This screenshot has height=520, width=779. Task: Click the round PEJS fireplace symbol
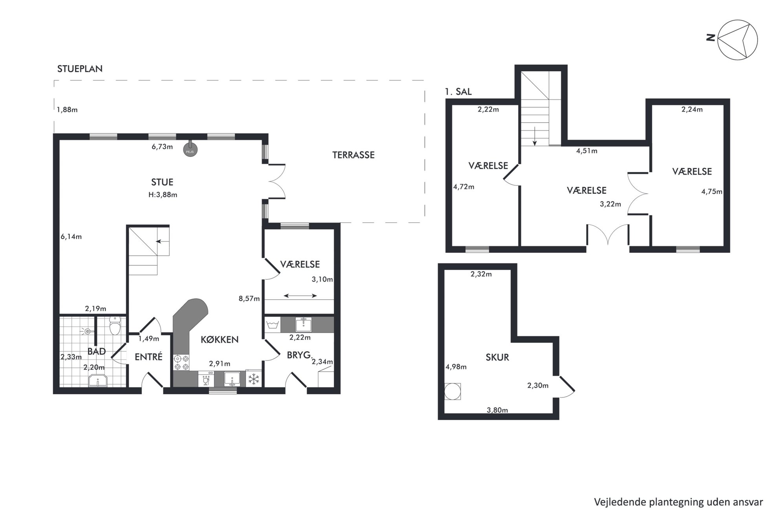pos(190,150)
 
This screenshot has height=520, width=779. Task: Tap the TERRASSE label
pos(353,155)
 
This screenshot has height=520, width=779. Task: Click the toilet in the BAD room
pos(115,326)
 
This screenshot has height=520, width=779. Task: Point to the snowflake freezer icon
pos(254,379)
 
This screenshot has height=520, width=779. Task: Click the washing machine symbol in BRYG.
pos(272,325)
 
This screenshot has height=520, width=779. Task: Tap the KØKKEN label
pos(219,340)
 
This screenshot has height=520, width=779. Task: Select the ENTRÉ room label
pos(148,357)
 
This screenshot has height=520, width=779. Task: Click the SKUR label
pos(497,357)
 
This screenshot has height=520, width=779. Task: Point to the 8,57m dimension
pos(249,299)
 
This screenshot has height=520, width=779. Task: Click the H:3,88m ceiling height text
pos(163,195)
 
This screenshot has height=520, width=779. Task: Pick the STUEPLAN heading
pos(80,69)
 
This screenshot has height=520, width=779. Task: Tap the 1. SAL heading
pos(458,92)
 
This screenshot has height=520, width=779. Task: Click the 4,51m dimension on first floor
pos(587,151)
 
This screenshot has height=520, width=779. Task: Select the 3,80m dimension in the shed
pos(497,410)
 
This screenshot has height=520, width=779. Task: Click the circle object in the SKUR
pos(452,391)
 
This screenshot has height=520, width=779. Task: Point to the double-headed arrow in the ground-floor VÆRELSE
pos(300,296)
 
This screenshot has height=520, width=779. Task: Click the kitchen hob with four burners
pos(181,362)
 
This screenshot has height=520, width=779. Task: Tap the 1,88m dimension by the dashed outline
pos(67,110)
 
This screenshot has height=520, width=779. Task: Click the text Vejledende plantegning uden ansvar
pos(678,502)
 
